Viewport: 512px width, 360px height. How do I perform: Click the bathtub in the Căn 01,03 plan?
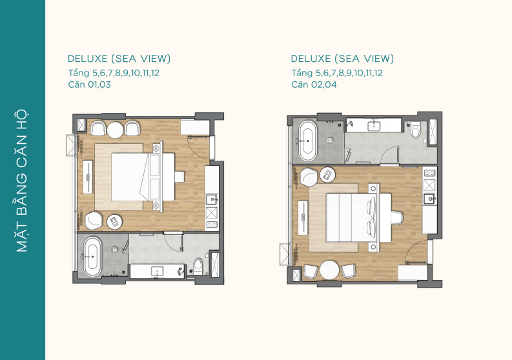(92, 257)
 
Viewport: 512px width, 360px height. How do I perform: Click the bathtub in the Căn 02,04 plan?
(308, 141)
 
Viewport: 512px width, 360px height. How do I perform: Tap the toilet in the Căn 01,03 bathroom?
(198, 266)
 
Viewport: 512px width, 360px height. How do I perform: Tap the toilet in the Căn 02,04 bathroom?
(415, 130)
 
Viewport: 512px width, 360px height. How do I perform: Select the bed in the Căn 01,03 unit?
(143, 177)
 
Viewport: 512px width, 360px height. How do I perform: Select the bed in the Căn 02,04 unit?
(358, 217)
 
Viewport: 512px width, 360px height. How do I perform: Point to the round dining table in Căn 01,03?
(116, 130)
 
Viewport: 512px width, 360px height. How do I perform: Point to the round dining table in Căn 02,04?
(329, 270)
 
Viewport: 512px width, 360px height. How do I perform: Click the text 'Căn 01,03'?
(90, 85)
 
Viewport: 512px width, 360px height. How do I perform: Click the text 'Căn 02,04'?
(314, 85)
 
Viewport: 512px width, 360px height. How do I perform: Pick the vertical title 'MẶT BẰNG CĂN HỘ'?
(22, 181)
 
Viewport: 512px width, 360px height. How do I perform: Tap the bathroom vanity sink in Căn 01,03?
(158, 272)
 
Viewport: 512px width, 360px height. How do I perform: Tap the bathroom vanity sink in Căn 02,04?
(374, 126)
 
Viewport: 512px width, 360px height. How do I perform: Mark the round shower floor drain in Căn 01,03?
(114, 250)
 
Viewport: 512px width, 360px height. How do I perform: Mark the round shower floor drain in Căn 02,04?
(330, 141)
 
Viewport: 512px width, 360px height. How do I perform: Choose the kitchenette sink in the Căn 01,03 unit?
(211, 199)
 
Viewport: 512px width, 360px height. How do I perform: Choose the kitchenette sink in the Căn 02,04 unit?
(429, 198)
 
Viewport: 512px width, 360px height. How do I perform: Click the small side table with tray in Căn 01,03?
(115, 222)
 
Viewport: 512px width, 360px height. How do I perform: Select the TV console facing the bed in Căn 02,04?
(303, 217)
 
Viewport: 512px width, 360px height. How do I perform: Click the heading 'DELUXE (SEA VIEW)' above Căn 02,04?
(342, 59)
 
